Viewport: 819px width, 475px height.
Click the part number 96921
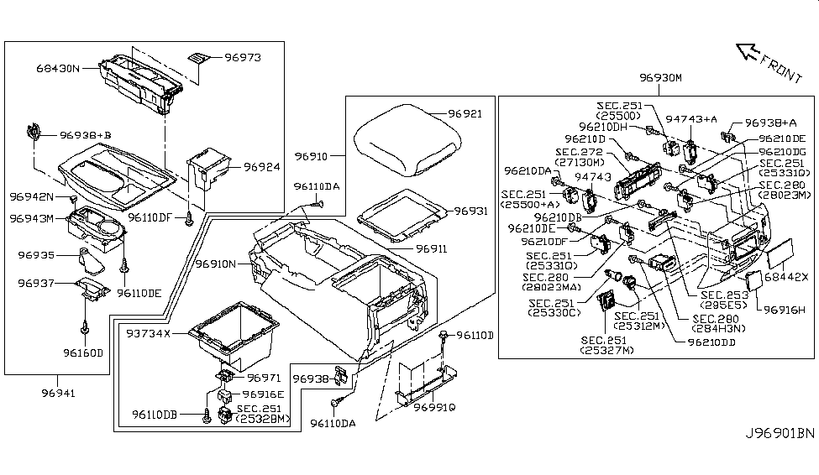click(465, 112)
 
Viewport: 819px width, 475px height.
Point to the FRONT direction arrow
click(747, 55)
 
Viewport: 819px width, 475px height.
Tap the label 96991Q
click(433, 407)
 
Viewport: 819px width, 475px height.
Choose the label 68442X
click(789, 276)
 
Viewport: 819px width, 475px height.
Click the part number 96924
click(262, 167)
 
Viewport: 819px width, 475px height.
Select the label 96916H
click(784, 310)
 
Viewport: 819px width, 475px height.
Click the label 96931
click(473, 211)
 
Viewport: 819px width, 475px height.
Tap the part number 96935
click(37, 253)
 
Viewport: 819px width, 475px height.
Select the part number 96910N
click(217, 264)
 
